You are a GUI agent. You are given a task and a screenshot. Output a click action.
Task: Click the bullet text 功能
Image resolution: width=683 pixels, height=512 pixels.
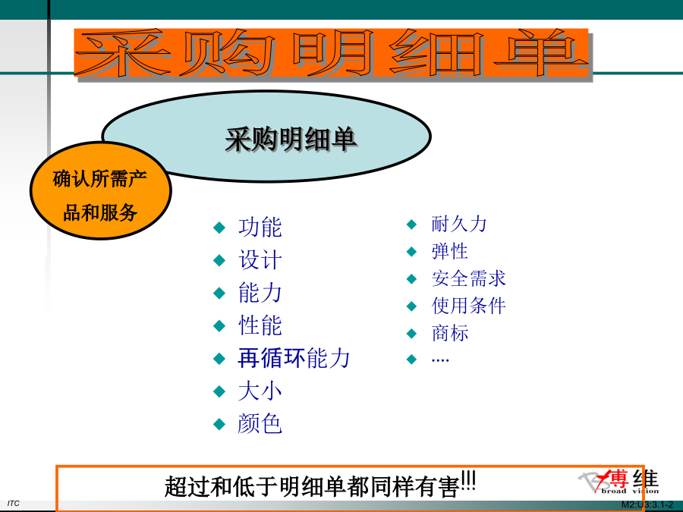pyautogui.click(x=260, y=228)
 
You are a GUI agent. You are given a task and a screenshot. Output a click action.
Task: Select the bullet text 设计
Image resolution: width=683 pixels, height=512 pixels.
pyautogui.click(x=260, y=260)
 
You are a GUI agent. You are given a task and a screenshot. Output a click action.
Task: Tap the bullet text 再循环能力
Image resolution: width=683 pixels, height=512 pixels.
pyautogui.click(x=294, y=358)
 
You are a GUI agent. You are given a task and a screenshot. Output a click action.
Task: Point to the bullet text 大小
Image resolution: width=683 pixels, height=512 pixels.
pyautogui.click(x=260, y=391)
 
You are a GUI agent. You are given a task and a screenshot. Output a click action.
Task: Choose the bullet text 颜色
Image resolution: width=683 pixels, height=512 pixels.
pyautogui.click(x=260, y=423)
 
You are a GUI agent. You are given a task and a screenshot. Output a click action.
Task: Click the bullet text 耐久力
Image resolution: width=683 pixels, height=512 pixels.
pyautogui.click(x=459, y=224)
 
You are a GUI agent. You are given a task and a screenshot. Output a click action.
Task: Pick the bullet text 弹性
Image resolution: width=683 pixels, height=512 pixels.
pyautogui.click(x=449, y=251)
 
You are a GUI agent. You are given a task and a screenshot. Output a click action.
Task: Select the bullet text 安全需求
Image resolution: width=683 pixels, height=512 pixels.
pyautogui.click(x=469, y=278)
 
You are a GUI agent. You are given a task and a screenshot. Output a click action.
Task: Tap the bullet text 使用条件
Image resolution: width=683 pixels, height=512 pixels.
pyautogui.click(x=469, y=306)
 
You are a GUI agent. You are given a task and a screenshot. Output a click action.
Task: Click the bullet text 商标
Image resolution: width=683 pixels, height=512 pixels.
pyautogui.click(x=450, y=333)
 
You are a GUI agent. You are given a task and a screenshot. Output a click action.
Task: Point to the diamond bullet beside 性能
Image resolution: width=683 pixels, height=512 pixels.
pyautogui.click(x=219, y=325)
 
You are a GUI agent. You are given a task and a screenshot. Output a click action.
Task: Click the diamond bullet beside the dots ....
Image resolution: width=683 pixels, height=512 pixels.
pyautogui.click(x=411, y=360)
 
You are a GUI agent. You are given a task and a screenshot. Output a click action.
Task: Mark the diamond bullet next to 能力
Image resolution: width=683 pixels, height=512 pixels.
pyautogui.click(x=219, y=293)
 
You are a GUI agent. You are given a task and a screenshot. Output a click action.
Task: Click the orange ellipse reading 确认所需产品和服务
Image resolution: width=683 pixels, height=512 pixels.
pyautogui.click(x=101, y=190)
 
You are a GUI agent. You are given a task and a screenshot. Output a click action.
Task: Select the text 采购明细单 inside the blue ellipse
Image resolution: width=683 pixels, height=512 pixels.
pyautogui.click(x=291, y=140)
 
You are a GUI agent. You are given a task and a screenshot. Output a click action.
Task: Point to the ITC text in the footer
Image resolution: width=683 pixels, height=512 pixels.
pyautogui.click(x=14, y=504)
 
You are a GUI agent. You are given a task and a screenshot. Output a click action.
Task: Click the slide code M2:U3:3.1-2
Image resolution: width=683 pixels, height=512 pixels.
pyautogui.click(x=647, y=505)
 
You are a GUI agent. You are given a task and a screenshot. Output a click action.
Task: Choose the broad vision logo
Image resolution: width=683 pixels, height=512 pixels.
pyautogui.click(x=619, y=482)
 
